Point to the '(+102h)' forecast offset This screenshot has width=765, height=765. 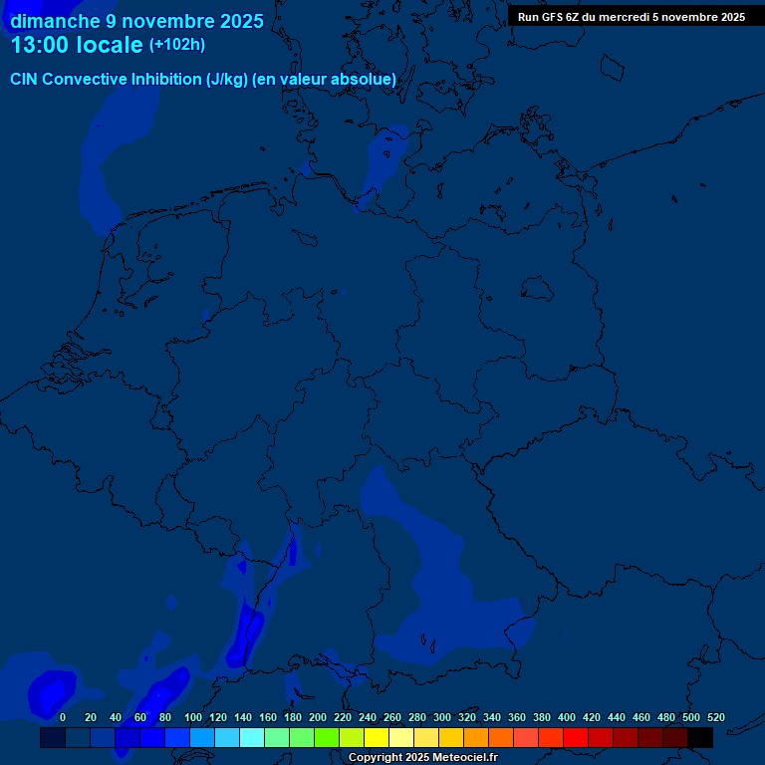[x=177, y=45]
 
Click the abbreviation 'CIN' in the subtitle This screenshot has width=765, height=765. [x=25, y=79]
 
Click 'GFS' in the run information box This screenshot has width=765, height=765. [x=550, y=17]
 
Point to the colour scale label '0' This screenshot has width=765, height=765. [x=63, y=717]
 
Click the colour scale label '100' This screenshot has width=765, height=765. [x=193, y=717]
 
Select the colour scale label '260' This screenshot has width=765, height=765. [x=392, y=717]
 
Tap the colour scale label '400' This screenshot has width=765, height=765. [x=567, y=717]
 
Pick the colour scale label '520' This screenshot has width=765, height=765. [x=716, y=717]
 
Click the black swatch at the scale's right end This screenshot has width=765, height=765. [x=700, y=738]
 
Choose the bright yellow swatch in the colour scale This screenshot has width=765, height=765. [x=377, y=738]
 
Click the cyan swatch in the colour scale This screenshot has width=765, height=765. [x=252, y=738]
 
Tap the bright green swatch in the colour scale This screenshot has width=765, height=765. [x=327, y=738]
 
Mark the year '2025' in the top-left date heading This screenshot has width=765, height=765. [x=242, y=21]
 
